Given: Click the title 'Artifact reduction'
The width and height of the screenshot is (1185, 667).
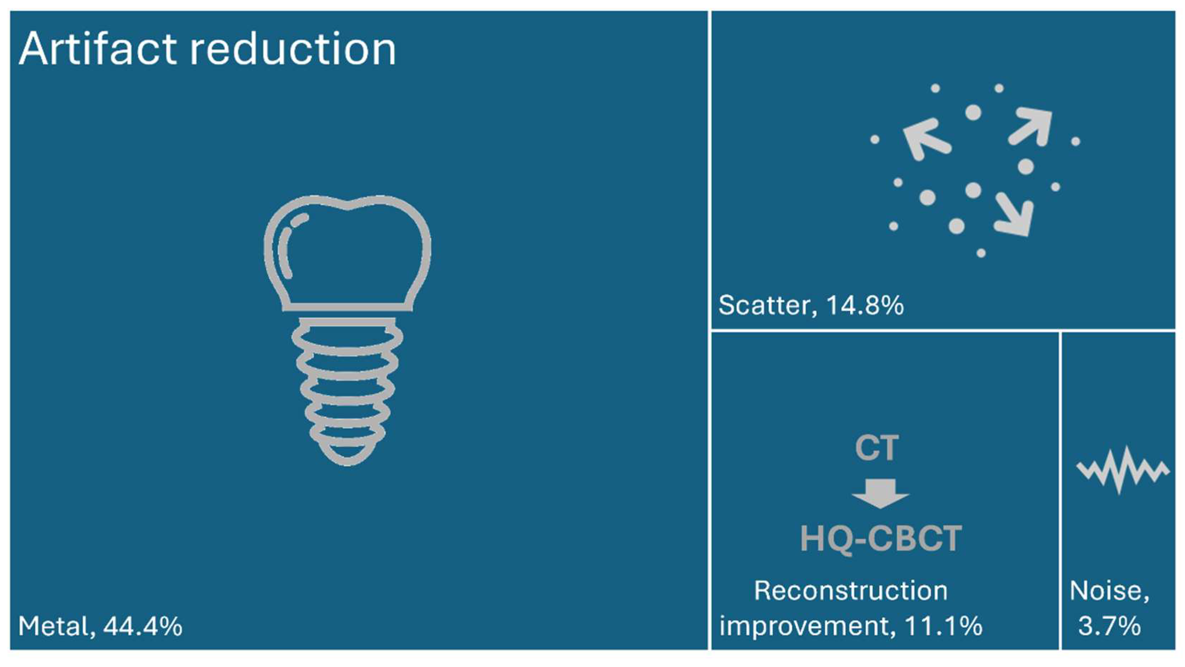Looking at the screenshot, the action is click(207, 49).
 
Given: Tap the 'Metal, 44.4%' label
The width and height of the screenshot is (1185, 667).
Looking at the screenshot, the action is click(100, 626).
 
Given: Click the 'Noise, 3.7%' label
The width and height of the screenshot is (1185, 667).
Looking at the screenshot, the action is click(1109, 608).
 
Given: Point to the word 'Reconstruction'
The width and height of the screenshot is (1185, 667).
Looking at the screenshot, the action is click(851, 591).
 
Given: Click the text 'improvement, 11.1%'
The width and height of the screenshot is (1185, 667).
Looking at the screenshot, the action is click(851, 626).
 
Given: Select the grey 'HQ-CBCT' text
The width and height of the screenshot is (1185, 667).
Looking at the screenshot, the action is click(881, 538).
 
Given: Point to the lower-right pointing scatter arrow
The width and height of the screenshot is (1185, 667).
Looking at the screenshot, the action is click(1015, 214).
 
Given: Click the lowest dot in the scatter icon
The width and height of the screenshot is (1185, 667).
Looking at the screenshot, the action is click(981, 253).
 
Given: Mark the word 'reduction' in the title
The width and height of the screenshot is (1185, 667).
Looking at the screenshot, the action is click(293, 49).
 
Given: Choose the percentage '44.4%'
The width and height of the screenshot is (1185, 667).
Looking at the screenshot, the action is click(143, 626).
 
